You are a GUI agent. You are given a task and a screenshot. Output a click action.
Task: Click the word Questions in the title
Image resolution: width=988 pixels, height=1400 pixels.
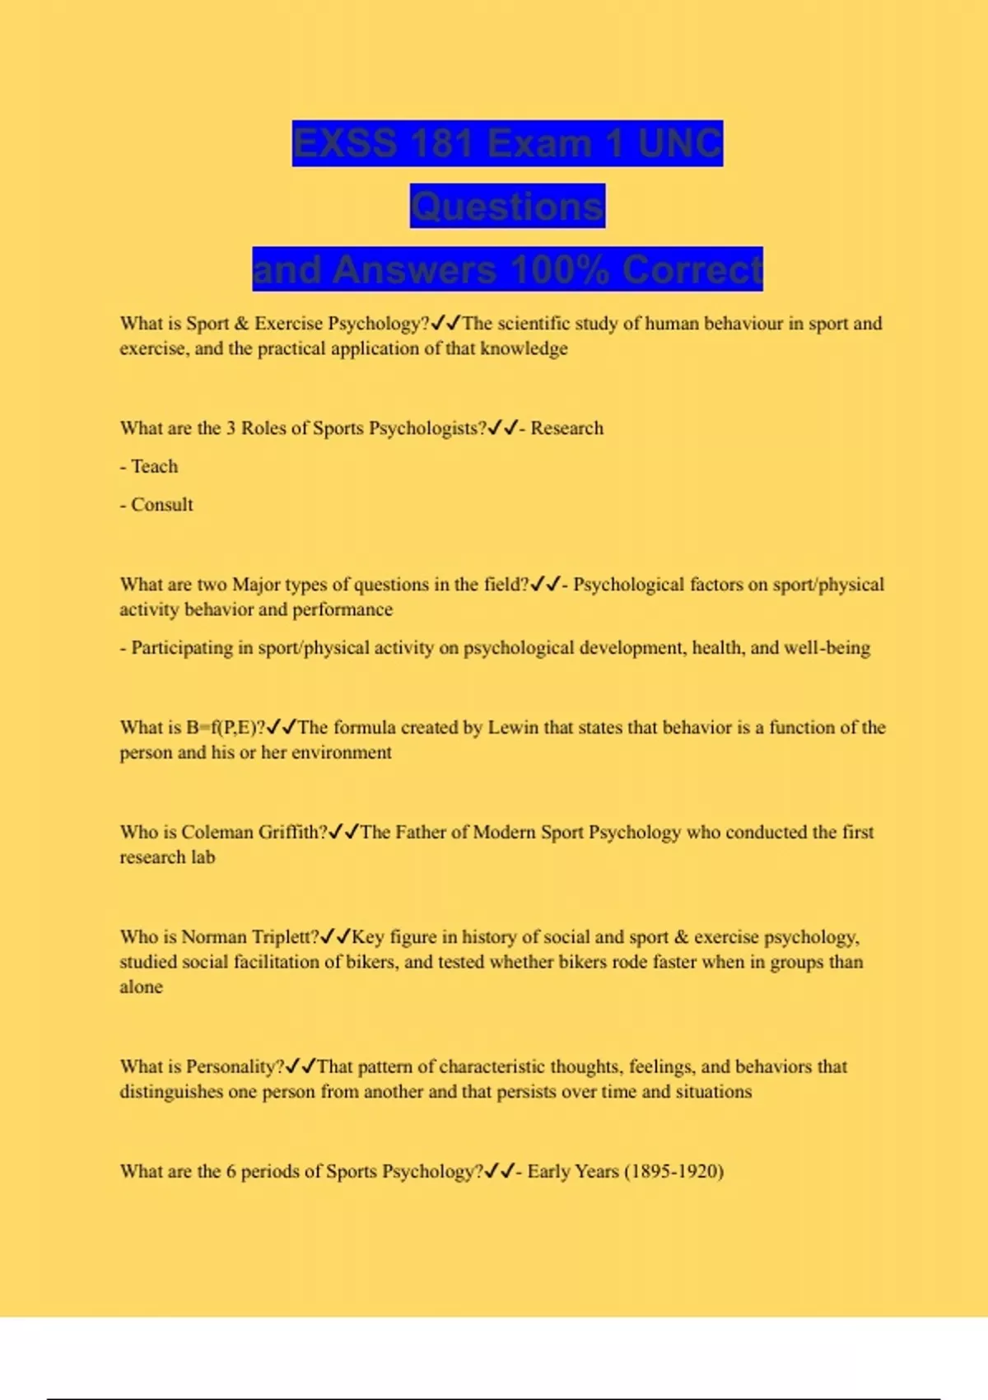click(x=507, y=206)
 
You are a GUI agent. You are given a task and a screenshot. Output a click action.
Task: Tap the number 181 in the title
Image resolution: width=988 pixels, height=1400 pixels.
click(x=440, y=143)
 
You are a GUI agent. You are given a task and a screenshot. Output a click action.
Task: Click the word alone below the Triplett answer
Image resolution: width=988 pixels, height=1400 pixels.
click(x=141, y=987)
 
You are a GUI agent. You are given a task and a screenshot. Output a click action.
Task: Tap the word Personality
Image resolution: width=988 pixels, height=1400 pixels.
click(x=231, y=1066)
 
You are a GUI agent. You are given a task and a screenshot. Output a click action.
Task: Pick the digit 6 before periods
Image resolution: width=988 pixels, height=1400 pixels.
click(x=231, y=1171)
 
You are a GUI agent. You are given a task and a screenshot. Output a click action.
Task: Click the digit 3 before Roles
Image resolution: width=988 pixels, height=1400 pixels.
click(x=231, y=428)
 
